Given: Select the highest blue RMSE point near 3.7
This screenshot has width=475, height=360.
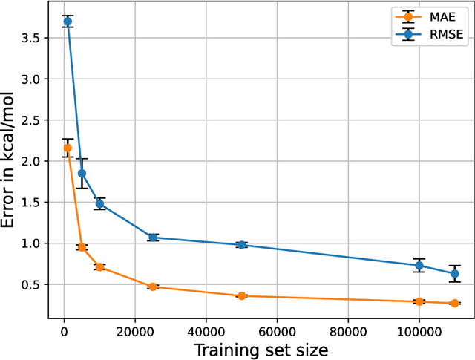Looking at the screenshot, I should (68, 22).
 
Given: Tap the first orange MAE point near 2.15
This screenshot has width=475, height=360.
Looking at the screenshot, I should (68, 148).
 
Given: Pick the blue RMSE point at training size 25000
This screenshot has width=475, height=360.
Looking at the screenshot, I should (153, 238).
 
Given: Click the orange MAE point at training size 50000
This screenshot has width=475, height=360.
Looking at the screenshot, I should (241, 295).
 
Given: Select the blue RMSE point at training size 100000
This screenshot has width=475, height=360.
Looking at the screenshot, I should (419, 265).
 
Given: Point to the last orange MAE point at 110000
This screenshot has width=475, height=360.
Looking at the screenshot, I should (454, 303).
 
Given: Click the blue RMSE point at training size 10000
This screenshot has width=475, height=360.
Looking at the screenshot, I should (99, 203).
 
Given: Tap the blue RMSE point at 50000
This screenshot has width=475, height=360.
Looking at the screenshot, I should (241, 245).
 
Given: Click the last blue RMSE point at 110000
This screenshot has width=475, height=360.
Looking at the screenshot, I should (454, 273).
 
